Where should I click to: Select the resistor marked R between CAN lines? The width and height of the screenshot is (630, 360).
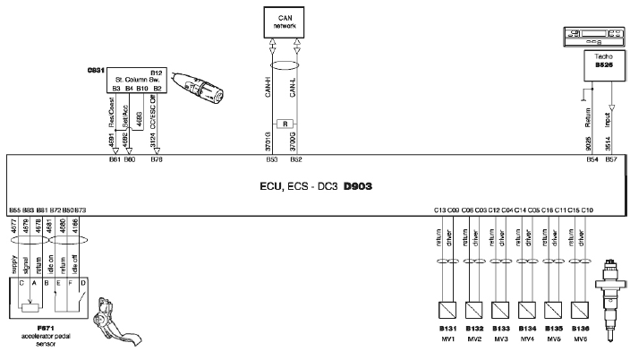[283, 122]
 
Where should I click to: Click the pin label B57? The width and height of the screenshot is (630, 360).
[611, 159]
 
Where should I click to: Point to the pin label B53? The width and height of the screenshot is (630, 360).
[270, 159]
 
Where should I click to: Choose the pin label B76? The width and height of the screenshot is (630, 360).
[157, 159]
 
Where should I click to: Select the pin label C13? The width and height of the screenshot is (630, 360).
[439, 210]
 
